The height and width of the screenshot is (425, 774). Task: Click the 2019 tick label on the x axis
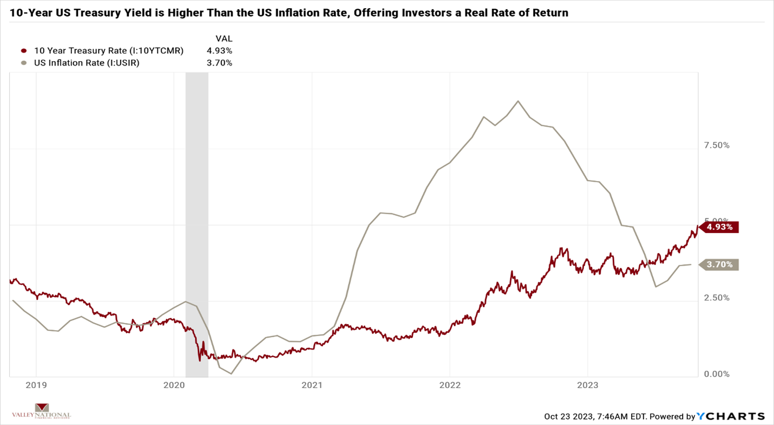(x=36, y=385)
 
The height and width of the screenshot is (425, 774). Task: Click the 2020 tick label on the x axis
(x=174, y=385)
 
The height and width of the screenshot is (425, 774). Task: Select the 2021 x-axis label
(x=312, y=385)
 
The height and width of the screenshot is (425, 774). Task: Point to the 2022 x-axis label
(x=450, y=385)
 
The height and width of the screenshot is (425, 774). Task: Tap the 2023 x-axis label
(x=588, y=385)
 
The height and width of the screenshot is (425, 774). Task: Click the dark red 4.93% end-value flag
(x=719, y=227)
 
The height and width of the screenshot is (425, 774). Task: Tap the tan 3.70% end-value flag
(x=719, y=265)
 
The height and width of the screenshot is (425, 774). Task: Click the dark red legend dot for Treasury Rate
(x=24, y=51)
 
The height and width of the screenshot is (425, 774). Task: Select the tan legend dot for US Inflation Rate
(x=24, y=63)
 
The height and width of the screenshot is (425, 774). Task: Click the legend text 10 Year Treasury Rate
(x=108, y=51)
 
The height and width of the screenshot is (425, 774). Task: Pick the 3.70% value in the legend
(x=220, y=63)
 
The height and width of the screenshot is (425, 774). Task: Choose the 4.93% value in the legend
(x=220, y=51)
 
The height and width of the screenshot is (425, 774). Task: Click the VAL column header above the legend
(x=224, y=39)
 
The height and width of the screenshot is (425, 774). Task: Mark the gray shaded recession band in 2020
(x=196, y=217)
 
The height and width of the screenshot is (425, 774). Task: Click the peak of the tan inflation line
(x=518, y=101)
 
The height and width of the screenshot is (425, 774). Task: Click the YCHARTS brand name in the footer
(x=731, y=416)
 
